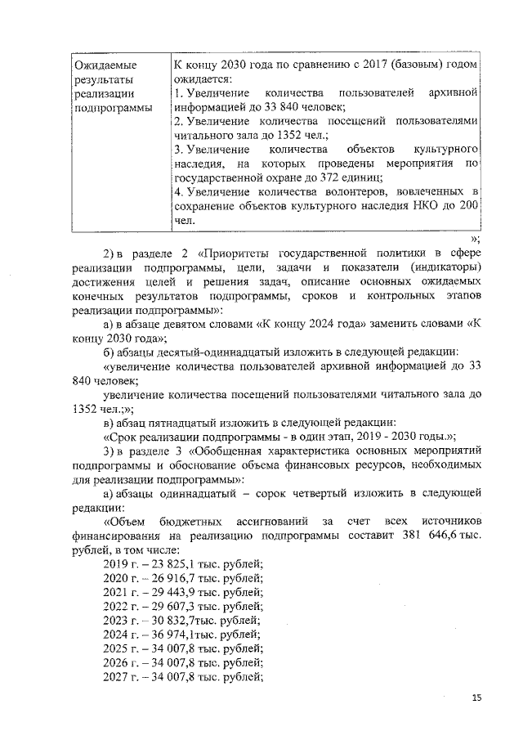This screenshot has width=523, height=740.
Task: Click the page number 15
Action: pyautogui.click(x=477, y=697)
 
